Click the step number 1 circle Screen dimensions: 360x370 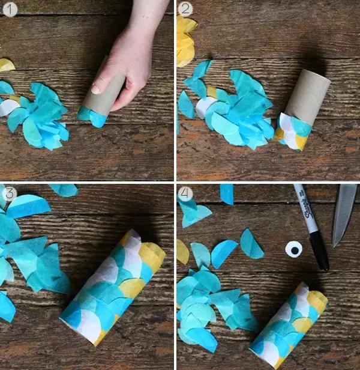point(10,10)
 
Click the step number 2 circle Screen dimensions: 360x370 point(185,10)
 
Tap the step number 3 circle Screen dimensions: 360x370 point(10,193)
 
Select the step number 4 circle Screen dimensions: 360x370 point(185,193)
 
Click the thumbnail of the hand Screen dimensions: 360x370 point(96,88)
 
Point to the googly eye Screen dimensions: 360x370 point(294,249)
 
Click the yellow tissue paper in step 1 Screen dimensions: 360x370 point(7,65)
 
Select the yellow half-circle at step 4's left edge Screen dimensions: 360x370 point(182,252)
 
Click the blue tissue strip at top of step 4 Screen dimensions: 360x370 point(227,194)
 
